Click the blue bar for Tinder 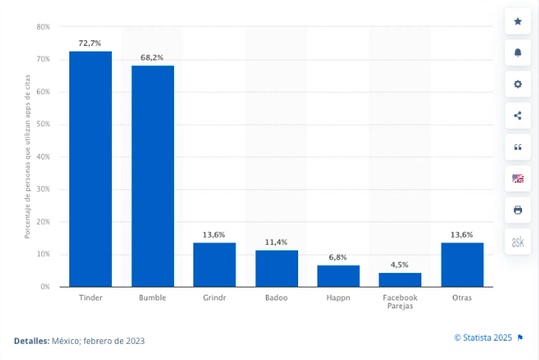(x=90, y=169)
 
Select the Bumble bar (x=152, y=176)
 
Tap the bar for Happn (x=338, y=276)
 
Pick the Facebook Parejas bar (x=400, y=279)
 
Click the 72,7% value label (x=89, y=43)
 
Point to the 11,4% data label (x=276, y=242)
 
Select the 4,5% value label (x=400, y=265)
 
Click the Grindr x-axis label (x=214, y=297)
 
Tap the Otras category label (x=462, y=297)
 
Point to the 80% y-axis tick (x=44, y=27)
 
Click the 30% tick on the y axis (x=44, y=189)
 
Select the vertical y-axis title (x=27, y=156)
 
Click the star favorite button (x=518, y=21)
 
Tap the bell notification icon (x=518, y=52)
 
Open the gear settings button (x=518, y=84)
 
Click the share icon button (x=518, y=115)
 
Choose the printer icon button (x=518, y=210)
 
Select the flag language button (x=518, y=179)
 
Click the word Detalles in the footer (x=31, y=341)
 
